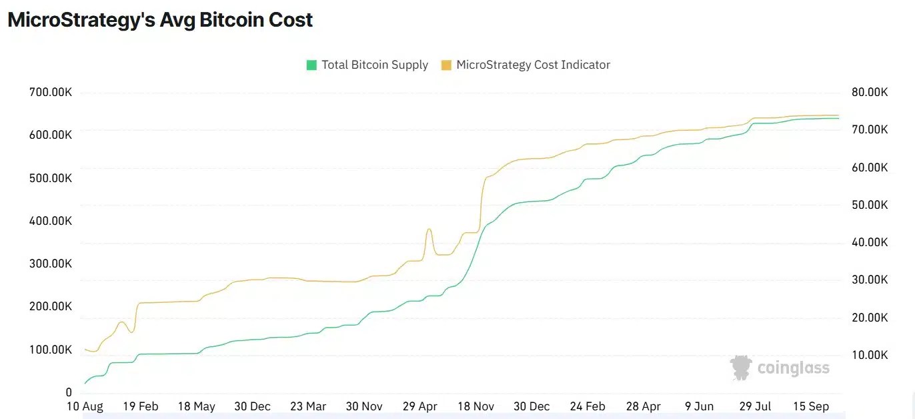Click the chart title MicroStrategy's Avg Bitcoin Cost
point(160,20)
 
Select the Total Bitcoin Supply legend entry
point(374,65)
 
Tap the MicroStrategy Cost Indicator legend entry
point(533,65)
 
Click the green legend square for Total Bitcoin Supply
point(311,65)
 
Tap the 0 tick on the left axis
point(69,392)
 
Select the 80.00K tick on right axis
point(866,92)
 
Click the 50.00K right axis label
point(866,205)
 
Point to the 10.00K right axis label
point(866,355)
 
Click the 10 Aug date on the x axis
point(84,406)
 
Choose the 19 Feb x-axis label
point(140,406)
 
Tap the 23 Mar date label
point(308,406)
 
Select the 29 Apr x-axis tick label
point(419,406)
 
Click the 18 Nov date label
point(476,406)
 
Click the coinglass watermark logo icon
point(741,368)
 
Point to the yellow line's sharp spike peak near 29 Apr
point(429,230)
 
